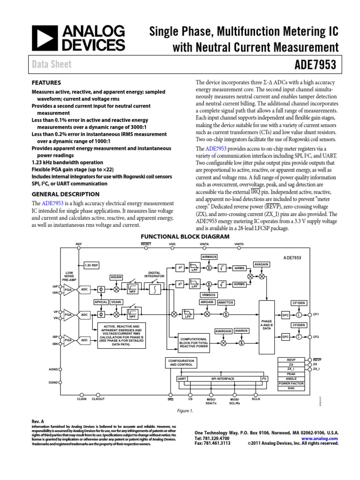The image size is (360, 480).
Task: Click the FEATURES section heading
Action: (x=46, y=82)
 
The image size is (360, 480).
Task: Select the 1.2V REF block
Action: (x=91, y=265)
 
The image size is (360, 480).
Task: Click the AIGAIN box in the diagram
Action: (x=116, y=277)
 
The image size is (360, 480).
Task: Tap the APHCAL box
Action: (x=101, y=303)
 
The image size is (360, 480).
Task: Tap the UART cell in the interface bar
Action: (x=182, y=378)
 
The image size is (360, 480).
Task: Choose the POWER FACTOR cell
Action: (x=291, y=383)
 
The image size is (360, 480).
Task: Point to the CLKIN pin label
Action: (x=82, y=399)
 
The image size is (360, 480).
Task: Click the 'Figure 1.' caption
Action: (x=185, y=411)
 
